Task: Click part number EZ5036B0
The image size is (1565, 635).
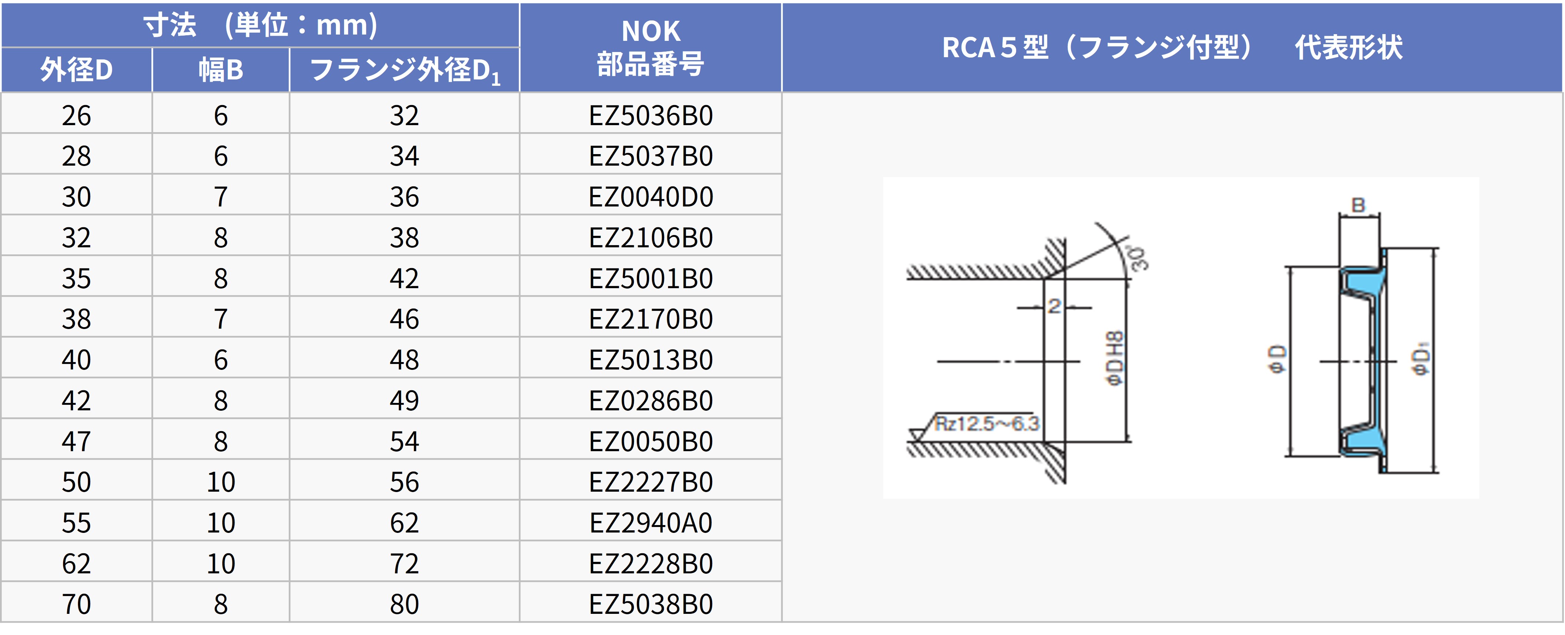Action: pos(650,115)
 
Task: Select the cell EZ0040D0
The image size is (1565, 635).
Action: pos(650,197)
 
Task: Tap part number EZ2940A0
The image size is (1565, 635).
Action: pos(650,522)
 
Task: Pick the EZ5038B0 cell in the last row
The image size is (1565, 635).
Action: pos(650,604)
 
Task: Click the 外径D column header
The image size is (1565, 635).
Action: pos(76,70)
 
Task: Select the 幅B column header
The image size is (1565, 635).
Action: pos(220,70)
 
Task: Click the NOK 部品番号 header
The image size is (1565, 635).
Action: pos(650,48)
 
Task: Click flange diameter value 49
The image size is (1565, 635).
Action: pos(405,400)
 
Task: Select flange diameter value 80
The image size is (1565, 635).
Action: pos(405,604)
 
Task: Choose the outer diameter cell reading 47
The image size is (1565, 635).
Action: pos(76,441)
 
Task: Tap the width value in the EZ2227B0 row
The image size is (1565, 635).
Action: pos(220,482)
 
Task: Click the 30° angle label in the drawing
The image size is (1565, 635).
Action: pos(1138,258)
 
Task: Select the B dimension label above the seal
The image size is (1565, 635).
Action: pos(1358,205)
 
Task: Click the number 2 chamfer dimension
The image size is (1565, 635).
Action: pos(1054,306)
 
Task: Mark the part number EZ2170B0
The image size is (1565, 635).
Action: pos(650,319)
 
